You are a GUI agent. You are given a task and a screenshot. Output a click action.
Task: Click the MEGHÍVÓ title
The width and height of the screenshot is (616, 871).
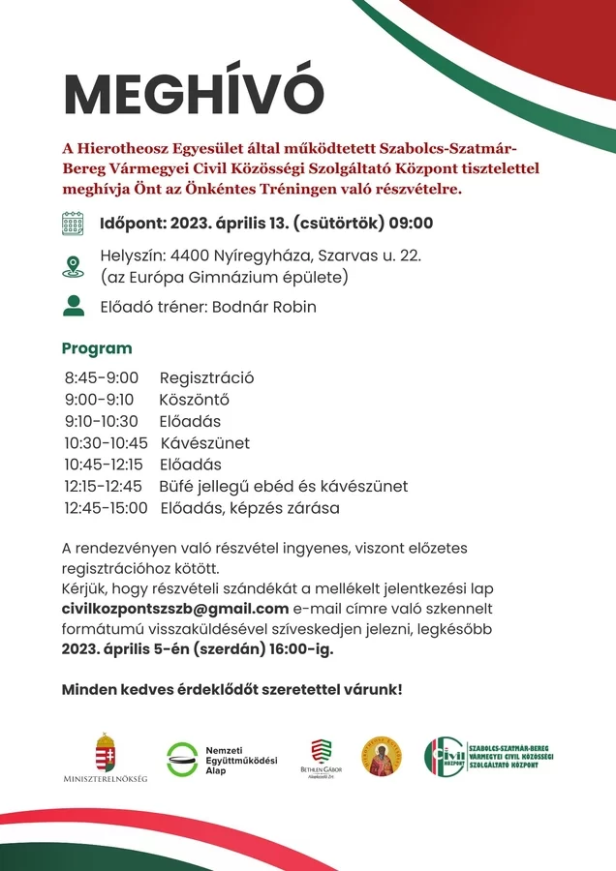[x=193, y=94]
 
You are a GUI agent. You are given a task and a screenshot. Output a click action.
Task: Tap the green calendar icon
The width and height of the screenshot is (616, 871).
[x=73, y=225]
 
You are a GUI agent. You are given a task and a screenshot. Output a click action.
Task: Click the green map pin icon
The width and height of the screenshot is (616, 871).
[x=73, y=267]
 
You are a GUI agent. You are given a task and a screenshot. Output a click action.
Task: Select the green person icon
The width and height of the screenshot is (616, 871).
[x=73, y=306]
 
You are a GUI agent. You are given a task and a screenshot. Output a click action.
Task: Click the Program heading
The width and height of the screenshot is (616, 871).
[x=97, y=348]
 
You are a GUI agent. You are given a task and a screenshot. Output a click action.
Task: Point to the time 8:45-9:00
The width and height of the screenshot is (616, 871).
[x=102, y=377]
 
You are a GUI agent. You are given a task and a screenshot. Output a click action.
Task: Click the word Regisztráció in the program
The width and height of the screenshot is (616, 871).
[x=206, y=377]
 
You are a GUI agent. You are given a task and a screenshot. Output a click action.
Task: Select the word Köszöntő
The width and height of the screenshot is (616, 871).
[x=194, y=400]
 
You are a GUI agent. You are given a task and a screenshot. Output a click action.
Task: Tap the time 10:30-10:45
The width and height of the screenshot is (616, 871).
[x=107, y=443]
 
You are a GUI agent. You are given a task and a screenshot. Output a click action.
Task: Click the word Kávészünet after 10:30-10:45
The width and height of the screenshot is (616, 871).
[x=205, y=443]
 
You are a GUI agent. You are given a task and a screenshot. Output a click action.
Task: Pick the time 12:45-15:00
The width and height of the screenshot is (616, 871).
[x=107, y=508]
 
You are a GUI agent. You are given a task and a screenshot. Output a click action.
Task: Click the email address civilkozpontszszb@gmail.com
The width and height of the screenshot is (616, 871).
[x=175, y=609]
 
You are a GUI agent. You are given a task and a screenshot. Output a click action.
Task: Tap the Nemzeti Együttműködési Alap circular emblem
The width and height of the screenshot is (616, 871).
[x=182, y=760]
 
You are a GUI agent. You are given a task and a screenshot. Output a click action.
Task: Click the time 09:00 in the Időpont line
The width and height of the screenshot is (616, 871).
[x=412, y=225]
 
